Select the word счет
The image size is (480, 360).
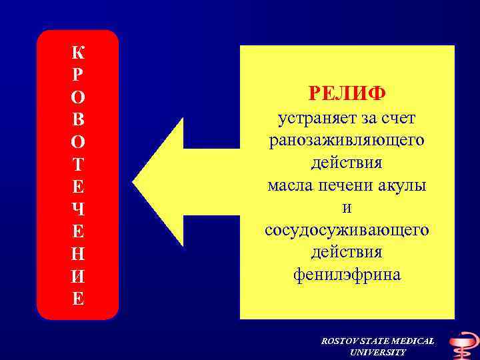point(399,119)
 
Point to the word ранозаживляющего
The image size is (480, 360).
point(347,141)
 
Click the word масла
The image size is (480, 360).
point(287,185)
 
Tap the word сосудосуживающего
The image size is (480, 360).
point(347,230)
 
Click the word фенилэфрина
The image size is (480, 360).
point(347,275)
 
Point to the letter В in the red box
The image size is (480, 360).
point(78,121)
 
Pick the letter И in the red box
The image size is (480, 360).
point(78,277)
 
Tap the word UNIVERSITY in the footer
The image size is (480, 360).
point(377,352)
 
